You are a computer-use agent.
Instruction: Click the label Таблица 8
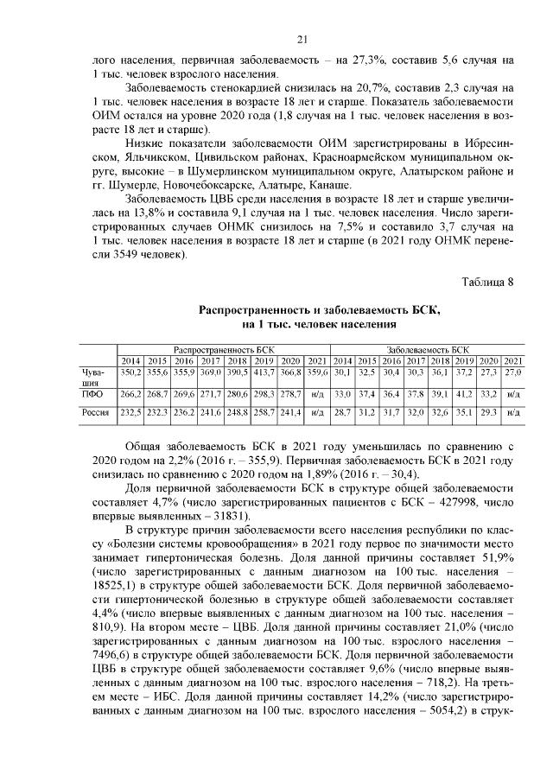tap(488, 282)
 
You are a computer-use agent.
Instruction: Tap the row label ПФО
tap(87, 393)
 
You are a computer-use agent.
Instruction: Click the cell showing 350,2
tap(130, 371)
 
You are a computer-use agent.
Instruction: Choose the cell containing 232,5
tap(130, 414)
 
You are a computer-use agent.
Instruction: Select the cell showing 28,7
tap(343, 414)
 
